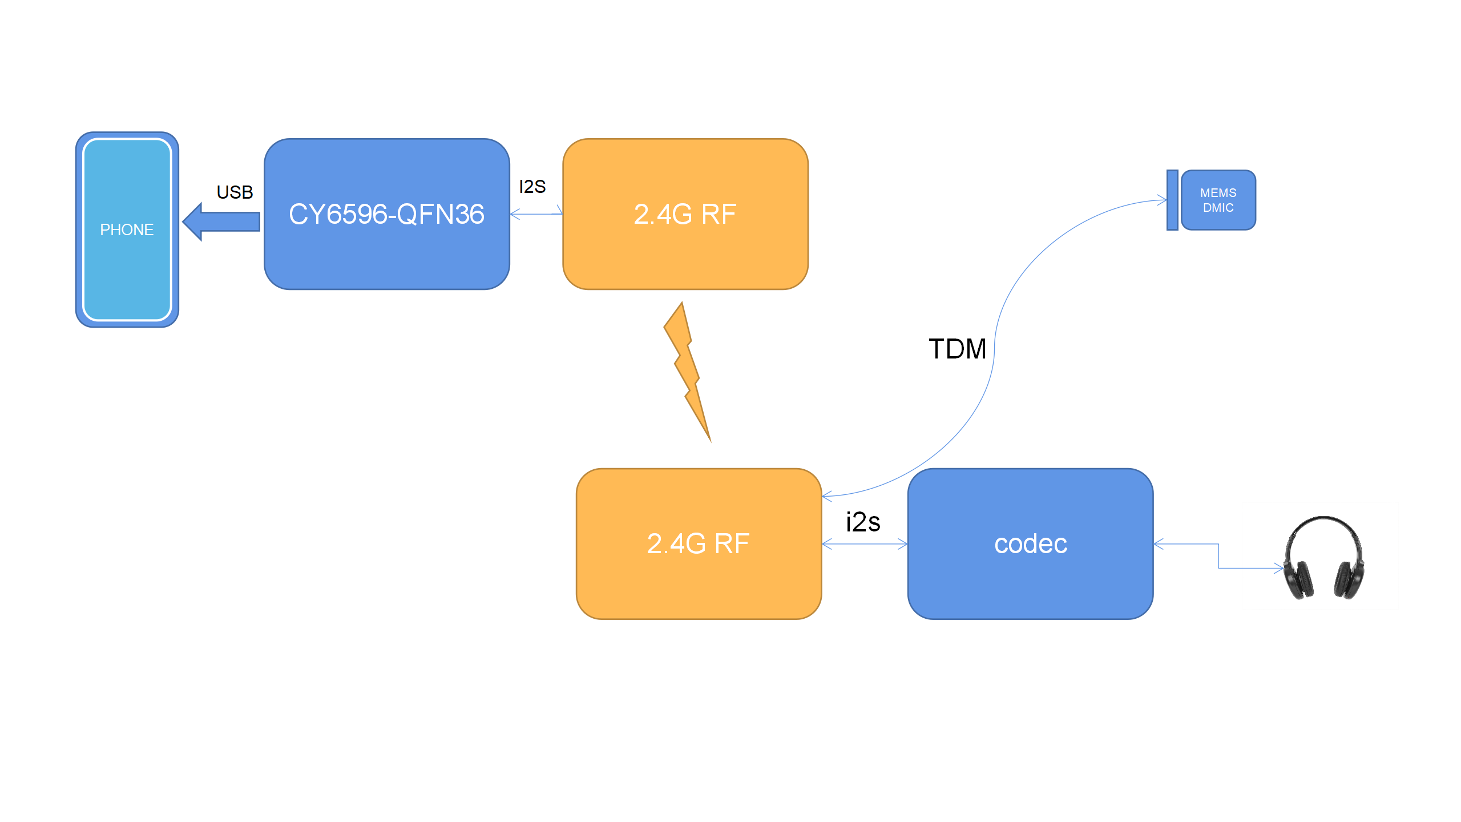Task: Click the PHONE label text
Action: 127,229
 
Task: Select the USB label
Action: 235,192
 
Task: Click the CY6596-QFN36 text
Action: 386,215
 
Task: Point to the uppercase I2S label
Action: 532,187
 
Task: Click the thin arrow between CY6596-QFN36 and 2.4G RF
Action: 536,214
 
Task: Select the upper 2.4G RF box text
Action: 685,215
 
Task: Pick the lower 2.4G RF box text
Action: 698,543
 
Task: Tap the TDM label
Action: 957,349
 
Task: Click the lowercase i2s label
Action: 863,522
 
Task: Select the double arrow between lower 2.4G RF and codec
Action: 865,544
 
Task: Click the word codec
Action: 1031,544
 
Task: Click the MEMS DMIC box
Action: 1218,200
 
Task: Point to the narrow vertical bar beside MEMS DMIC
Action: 1172,200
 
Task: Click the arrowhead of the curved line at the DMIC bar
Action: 1162,200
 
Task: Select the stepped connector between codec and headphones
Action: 1218,556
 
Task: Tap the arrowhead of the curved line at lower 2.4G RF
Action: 826,495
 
